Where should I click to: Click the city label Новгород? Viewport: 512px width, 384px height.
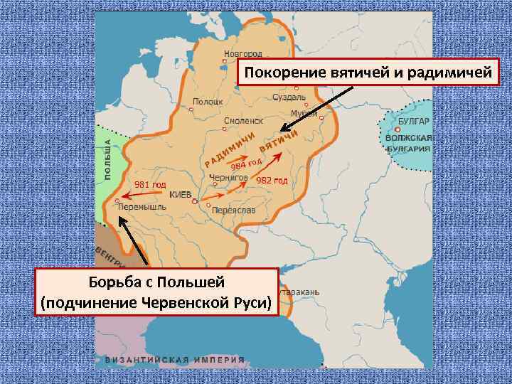pyautogui.click(x=243, y=53)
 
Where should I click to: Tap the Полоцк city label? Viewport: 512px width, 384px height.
pyautogui.click(x=208, y=102)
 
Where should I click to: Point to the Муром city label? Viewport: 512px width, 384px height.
pyautogui.click(x=304, y=114)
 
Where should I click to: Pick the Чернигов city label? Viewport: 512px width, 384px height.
pyautogui.click(x=228, y=177)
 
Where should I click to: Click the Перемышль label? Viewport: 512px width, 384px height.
pyautogui.click(x=142, y=207)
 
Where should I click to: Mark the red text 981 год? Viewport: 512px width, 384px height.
pyautogui.click(x=150, y=185)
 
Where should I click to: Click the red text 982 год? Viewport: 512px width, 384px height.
pyautogui.click(x=272, y=180)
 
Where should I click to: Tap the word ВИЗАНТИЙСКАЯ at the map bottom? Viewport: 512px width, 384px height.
pyautogui.click(x=147, y=359)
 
